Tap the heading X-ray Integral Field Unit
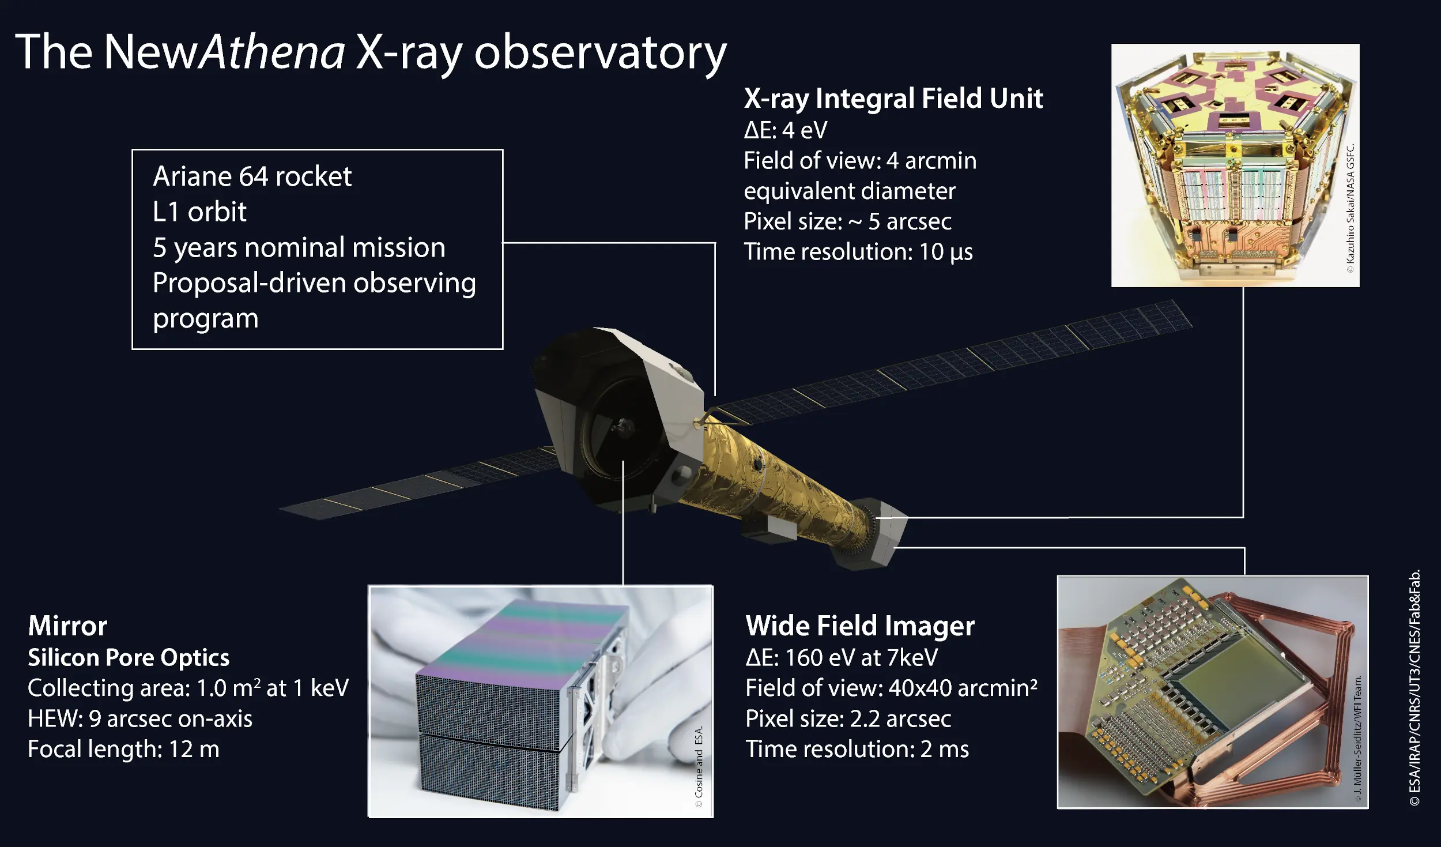click(893, 99)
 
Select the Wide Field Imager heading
click(860, 626)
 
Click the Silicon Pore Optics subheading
click(129, 657)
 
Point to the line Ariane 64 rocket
click(252, 176)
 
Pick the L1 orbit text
click(199, 212)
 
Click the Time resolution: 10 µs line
click(858, 252)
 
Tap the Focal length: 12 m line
click(123, 749)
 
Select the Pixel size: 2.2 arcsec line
click(848, 718)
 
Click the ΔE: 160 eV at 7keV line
click(842, 657)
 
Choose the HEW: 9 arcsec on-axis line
click(140, 718)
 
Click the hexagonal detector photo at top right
click(1235, 165)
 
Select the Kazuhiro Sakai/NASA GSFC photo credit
click(1351, 208)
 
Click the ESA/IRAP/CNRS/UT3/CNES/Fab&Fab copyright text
click(1414, 687)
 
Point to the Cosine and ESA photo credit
click(699, 767)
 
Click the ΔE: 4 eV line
click(785, 130)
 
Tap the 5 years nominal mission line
click(299, 247)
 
